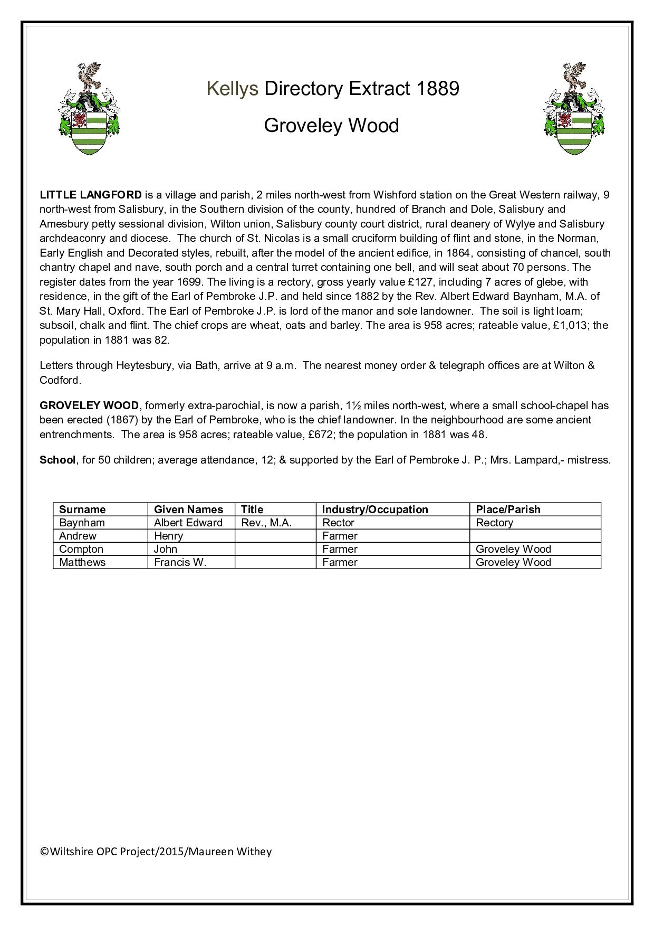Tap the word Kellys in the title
point(232,89)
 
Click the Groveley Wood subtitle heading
point(331,126)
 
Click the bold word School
point(57,460)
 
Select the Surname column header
point(82,509)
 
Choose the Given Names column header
point(188,509)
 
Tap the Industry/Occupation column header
point(375,509)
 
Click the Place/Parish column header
point(508,509)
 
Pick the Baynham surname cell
point(82,523)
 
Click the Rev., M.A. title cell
point(266,523)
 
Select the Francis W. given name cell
point(180,562)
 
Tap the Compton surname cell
point(81,549)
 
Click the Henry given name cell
point(168,536)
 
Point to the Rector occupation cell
point(338,523)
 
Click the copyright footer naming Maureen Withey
point(156,851)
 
